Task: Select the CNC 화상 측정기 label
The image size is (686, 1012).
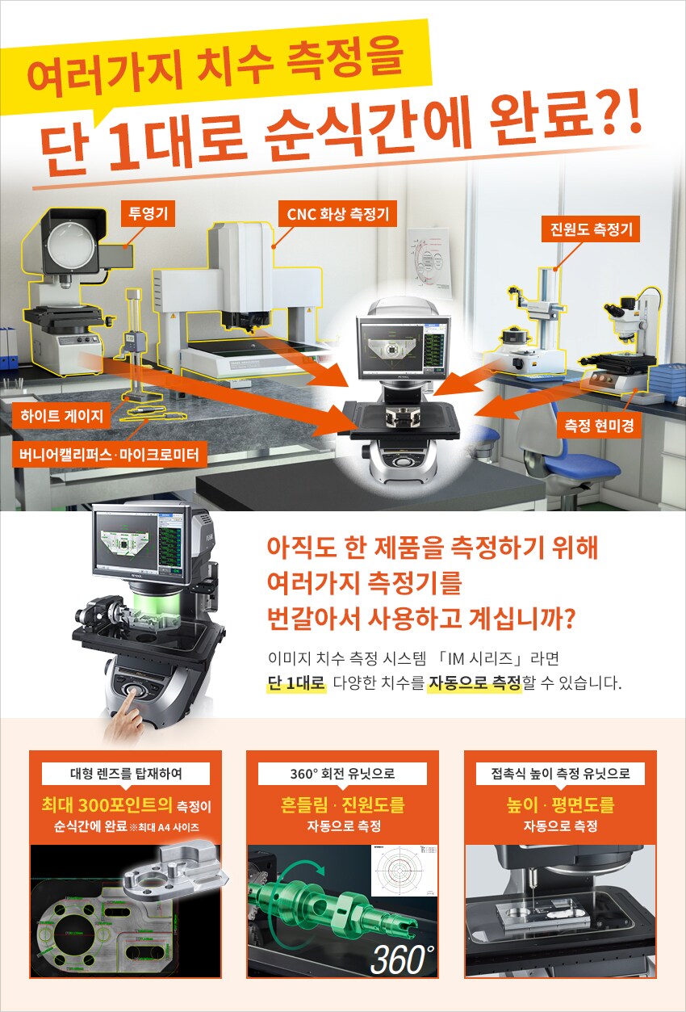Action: tap(337, 214)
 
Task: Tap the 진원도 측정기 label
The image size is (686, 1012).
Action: tap(589, 229)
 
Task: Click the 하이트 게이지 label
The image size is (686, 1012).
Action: tap(63, 418)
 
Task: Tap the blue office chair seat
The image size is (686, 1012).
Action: tap(581, 465)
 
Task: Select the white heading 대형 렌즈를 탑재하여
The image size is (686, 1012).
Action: tap(126, 773)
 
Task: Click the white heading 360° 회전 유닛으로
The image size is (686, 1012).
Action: tap(342, 773)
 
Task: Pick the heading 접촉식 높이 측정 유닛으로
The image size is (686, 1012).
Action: tap(560, 773)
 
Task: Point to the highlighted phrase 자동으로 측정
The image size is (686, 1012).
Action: tap(474, 682)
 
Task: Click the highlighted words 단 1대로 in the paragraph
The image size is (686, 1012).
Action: tap(296, 682)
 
